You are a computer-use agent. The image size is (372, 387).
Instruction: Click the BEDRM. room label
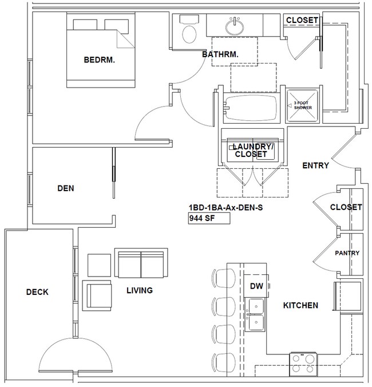(99, 60)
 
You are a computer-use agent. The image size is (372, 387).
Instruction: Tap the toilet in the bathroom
(187, 31)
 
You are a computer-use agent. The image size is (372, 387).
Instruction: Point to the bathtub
(251, 107)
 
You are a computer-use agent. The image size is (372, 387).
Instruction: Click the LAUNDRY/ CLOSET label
(251, 150)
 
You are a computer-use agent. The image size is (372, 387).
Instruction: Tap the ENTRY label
(315, 166)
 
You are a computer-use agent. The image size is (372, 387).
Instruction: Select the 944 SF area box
(208, 218)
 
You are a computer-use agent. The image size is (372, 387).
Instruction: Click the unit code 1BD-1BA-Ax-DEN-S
(225, 207)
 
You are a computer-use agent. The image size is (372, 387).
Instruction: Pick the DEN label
(66, 187)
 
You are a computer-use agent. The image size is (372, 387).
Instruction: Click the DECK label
(37, 292)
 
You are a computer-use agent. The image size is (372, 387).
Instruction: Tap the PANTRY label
(347, 253)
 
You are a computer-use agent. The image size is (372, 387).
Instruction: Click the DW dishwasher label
(255, 286)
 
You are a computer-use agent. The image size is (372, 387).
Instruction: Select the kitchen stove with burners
(303, 359)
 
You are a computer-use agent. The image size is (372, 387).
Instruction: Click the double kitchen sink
(255, 314)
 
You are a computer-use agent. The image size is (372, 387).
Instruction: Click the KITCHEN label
(300, 305)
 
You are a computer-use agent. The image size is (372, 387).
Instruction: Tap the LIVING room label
(139, 290)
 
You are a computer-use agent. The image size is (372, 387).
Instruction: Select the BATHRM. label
(220, 54)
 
